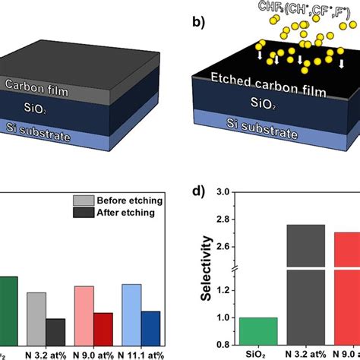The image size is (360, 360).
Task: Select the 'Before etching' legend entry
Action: (x=125, y=201)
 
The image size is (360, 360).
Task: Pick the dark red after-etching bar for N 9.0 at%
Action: (x=103, y=329)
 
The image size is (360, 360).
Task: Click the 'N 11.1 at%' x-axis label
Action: (x=141, y=353)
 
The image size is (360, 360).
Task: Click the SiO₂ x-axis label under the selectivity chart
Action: (x=257, y=354)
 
